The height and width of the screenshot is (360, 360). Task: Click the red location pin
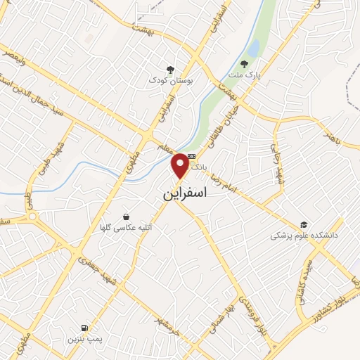coord(181,165)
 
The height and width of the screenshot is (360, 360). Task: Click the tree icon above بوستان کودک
coord(170,68)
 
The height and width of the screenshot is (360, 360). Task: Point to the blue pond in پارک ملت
coord(252,47)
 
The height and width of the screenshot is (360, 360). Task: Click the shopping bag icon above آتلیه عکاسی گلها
coord(126,217)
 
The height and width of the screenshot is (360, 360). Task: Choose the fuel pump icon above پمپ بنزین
coord(85,328)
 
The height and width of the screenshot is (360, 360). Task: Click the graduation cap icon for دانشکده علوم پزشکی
coord(303,224)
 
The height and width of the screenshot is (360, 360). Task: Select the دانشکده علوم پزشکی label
coord(304,235)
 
